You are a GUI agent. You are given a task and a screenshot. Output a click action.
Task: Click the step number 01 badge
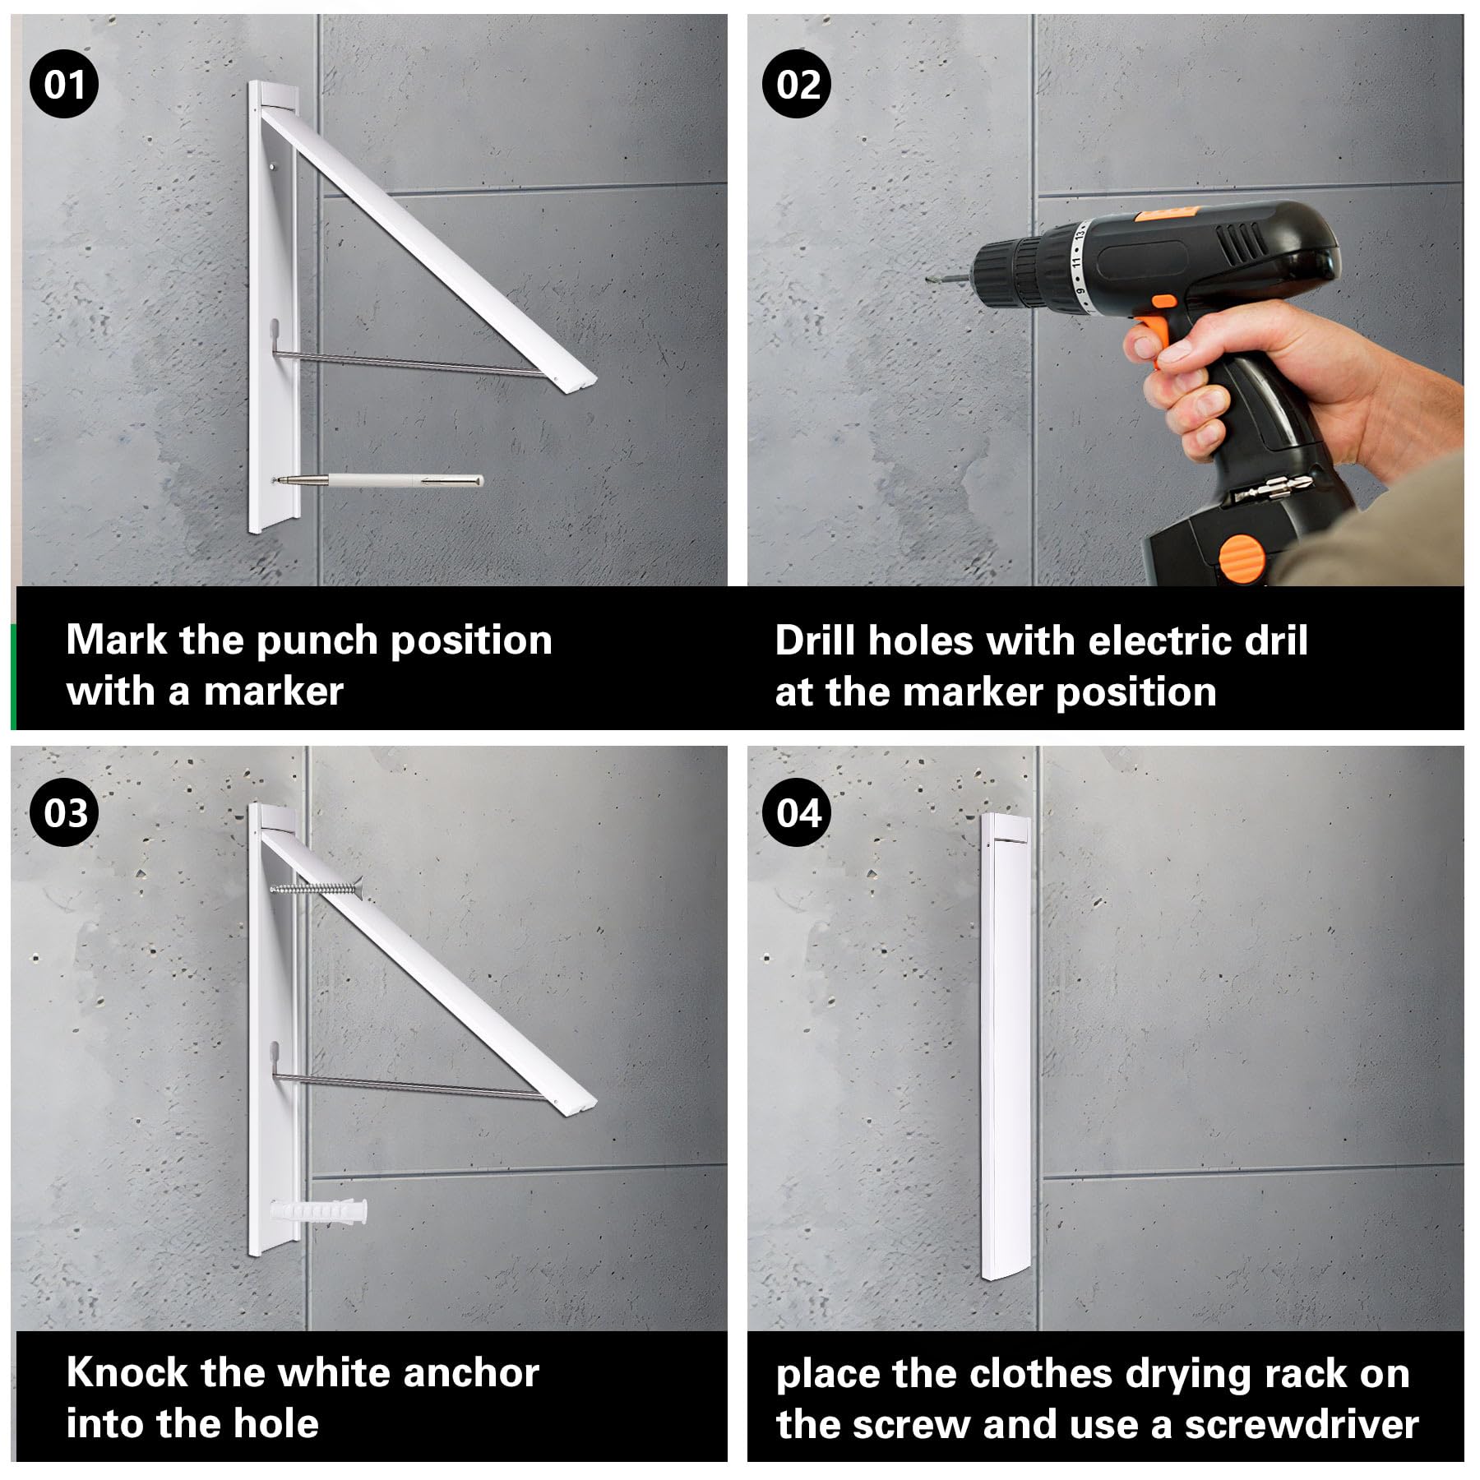(x=64, y=84)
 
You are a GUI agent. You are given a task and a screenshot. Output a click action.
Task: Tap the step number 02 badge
(x=797, y=84)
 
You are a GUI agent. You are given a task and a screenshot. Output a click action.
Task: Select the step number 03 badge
(x=65, y=813)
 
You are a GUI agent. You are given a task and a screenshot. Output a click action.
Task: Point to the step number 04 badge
(x=798, y=813)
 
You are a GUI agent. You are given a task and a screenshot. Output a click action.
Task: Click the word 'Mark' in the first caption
(x=116, y=640)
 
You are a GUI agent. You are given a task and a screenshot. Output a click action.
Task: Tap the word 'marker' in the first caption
(x=274, y=691)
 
